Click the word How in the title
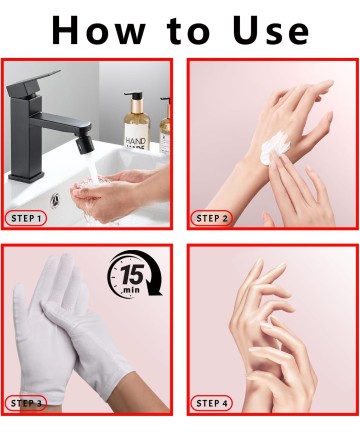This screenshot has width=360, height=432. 99,30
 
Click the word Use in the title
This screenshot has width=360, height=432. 271,30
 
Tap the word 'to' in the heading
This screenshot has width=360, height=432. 189,31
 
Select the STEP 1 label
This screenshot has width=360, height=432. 26,219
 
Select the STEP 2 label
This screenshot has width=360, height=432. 212,219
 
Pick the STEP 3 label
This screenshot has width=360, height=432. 26,403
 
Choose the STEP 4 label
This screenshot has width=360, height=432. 212,403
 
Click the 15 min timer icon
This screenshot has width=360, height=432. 134,274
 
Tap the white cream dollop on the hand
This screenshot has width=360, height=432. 275,147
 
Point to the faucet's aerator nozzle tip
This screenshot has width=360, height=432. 82,147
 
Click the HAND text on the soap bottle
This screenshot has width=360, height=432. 136,141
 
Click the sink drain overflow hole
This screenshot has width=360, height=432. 55,200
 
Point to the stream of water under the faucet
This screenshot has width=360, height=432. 93,167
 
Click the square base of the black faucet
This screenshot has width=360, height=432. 26,176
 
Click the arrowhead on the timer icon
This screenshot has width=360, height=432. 153,289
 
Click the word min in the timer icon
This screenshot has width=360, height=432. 131,290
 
